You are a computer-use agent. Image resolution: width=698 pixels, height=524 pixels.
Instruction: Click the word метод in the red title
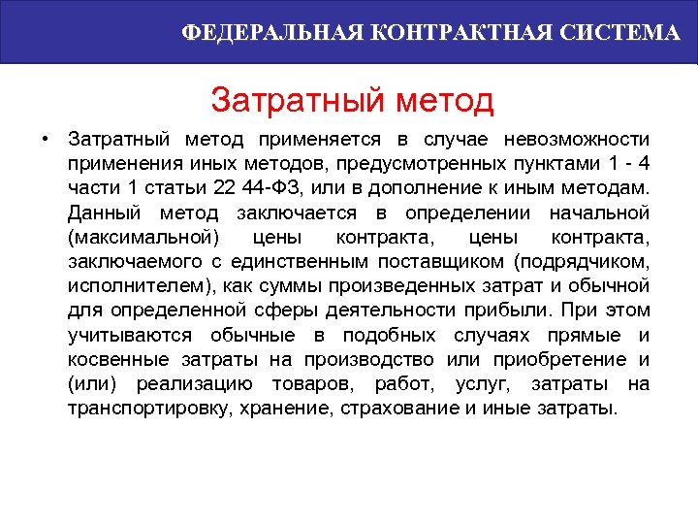pos(446,100)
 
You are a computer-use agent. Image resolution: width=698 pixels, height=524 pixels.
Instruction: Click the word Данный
pos(102,212)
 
